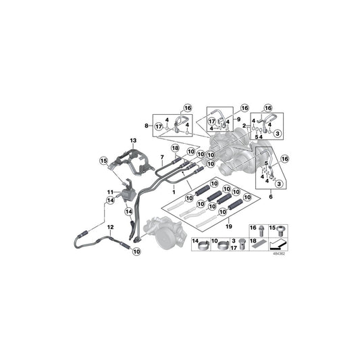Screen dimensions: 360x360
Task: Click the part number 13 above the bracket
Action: pyautogui.click(x=133, y=140)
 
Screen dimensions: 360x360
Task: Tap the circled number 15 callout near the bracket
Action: pyautogui.click(x=104, y=160)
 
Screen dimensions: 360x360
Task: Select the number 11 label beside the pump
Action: pyautogui.click(x=109, y=192)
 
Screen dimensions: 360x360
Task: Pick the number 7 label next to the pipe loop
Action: pyautogui.click(x=161, y=156)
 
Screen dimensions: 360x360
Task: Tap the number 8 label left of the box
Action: pyautogui.click(x=147, y=125)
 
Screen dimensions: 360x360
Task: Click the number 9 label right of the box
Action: pyautogui.click(x=237, y=119)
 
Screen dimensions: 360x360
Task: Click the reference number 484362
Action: pyautogui.click(x=278, y=255)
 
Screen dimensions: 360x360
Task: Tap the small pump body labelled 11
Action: pyautogui.click(x=124, y=192)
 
